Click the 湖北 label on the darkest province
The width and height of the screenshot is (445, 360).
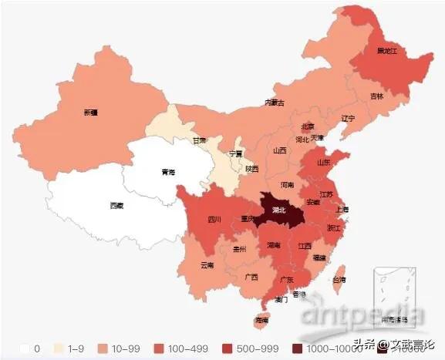click(279, 209)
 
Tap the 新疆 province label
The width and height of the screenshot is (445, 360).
click(91, 113)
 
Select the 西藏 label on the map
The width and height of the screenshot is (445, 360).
click(116, 206)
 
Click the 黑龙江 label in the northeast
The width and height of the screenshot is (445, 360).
click(386, 52)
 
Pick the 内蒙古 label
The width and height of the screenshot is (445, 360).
click(275, 103)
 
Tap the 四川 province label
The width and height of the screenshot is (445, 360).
click(214, 220)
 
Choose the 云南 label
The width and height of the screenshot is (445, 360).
click(207, 265)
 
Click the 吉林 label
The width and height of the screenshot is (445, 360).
click(376, 96)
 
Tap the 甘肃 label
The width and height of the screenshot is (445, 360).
click(200, 141)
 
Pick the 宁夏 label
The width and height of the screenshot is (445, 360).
click(236, 154)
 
